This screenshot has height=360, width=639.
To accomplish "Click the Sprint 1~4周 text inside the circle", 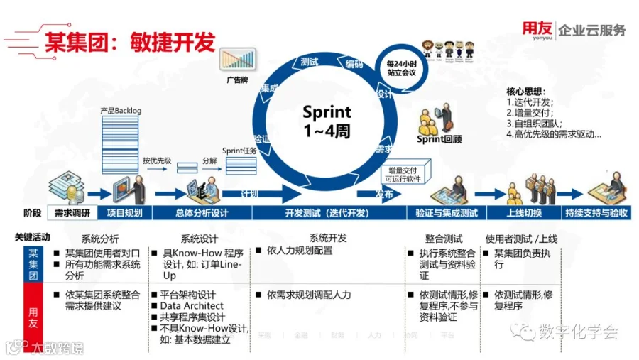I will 327,121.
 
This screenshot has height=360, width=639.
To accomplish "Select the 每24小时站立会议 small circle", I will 402,67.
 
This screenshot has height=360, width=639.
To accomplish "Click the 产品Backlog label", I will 120,111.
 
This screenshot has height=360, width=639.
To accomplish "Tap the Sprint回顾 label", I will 438,139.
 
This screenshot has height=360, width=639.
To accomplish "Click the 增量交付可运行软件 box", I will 403,174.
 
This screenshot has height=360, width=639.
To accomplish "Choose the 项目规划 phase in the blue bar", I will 124,213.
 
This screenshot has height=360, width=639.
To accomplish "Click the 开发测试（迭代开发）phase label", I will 327,213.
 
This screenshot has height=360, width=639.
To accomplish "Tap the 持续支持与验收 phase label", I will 596,213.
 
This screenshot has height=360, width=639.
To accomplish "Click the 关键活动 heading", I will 32,236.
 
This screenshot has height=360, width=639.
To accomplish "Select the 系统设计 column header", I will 200,239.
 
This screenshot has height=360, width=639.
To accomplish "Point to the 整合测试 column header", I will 444,239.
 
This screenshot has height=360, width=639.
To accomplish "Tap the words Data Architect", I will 192,306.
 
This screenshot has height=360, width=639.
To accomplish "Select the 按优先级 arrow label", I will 157,160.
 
